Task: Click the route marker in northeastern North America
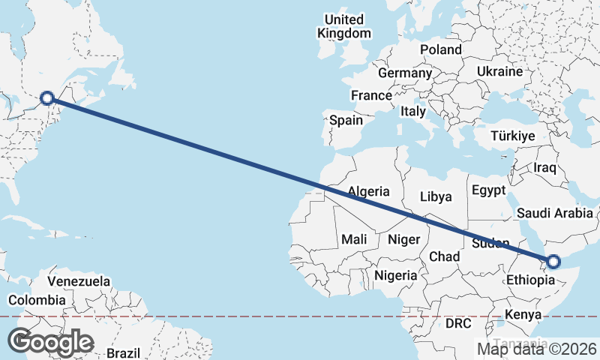47,97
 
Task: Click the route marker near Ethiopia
553,262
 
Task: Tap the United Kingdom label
344,26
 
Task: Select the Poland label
441,49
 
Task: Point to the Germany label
405,73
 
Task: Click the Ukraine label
499,71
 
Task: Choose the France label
371,95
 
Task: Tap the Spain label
346,120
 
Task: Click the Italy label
412,111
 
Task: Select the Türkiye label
512,136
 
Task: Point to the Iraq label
544,166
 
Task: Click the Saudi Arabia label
554,213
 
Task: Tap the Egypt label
489,190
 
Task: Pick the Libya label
436,196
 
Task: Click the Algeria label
368,190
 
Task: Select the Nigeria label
396,275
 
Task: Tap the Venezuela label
79,282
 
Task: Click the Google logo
50,342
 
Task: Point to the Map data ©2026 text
536,348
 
